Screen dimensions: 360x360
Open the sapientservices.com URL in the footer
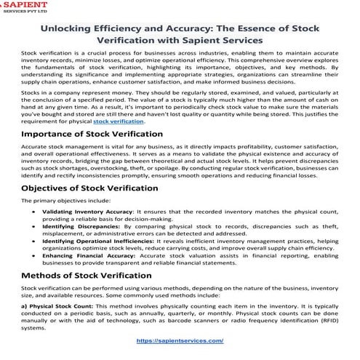[180, 340]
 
